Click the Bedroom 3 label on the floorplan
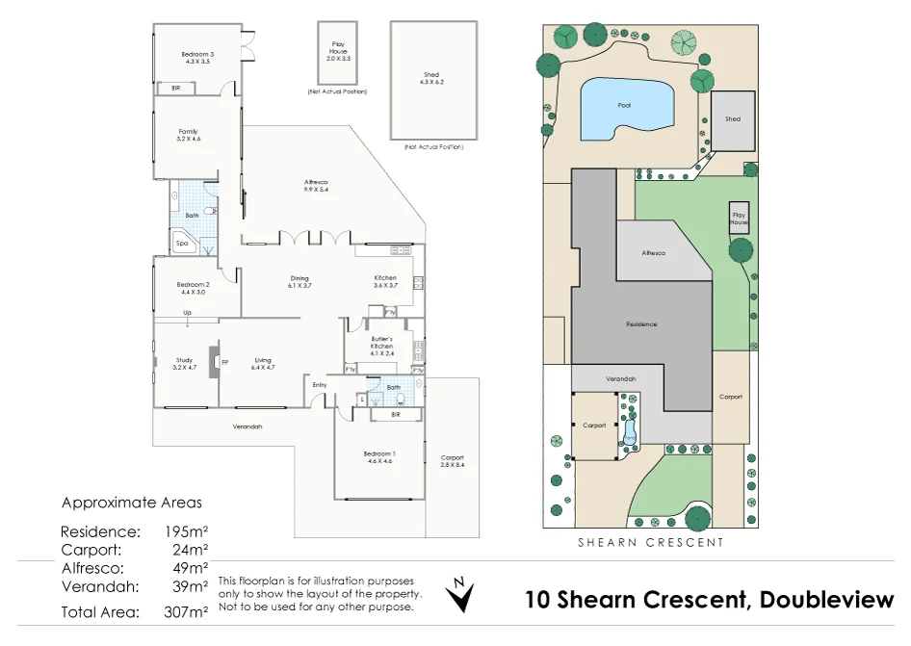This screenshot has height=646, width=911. pyautogui.click(x=196, y=58)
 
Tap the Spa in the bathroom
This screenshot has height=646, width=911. pyautogui.click(x=183, y=244)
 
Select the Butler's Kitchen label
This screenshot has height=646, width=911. pyautogui.click(x=382, y=346)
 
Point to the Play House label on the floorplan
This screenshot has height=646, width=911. pyautogui.click(x=338, y=52)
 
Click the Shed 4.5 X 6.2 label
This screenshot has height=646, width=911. pyautogui.click(x=431, y=78)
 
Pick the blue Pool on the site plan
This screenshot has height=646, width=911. pyautogui.click(x=624, y=105)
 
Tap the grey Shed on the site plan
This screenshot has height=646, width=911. pyautogui.click(x=733, y=120)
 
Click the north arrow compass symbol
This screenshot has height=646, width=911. pyautogui.click(x=462, y=596)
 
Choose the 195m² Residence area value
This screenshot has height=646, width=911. pyautogui.click(x=188, y=531)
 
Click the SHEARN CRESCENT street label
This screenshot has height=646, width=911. pyautogui.click(x=650, y=543)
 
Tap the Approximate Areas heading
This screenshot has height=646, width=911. pyautogui.click(x=132, y=503)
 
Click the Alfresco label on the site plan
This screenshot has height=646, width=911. pyautogui.click(x=654, y=253)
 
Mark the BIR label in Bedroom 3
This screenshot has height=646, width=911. pyautogui.click(x=176, y=89)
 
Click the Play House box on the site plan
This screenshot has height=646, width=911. pyautogui.click(x=739, y=219)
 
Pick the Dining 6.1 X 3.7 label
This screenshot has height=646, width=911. pyautogui.click(x=299, y=282)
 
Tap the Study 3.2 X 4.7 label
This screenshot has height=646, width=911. pyautogui.click(x=184, y=364)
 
